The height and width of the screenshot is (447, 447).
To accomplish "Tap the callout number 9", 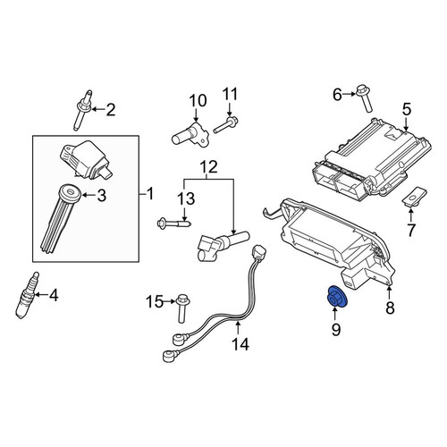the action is coord(336,330).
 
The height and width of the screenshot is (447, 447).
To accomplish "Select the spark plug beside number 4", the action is coord(26,296).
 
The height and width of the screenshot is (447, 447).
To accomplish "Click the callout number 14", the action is coord(240,344).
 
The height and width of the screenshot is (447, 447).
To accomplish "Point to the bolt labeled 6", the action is coord(364,100).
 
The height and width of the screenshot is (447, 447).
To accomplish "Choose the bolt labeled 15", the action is coord(181,308).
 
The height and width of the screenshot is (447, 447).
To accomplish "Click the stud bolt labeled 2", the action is coord(82,110).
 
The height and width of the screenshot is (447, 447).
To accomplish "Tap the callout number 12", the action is coord(209,167).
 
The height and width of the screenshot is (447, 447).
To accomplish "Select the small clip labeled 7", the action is coord(414,197).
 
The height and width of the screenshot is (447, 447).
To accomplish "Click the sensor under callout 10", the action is coord(190,134).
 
